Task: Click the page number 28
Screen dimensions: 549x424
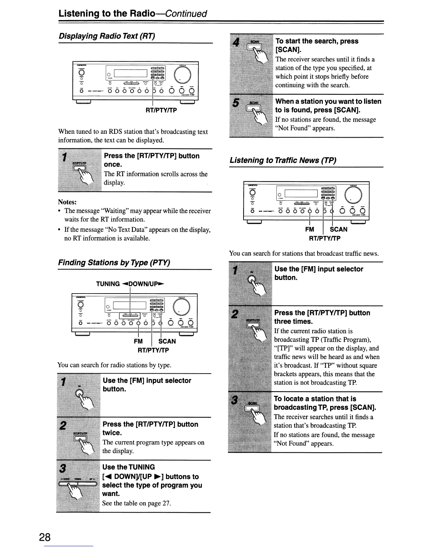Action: point(45,537)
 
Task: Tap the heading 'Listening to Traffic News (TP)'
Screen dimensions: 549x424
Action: point(283,160)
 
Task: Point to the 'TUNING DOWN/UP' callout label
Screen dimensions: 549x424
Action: point(130,284)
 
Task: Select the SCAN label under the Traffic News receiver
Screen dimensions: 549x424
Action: point(338,229)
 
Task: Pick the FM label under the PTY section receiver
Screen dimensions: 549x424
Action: point(138,341)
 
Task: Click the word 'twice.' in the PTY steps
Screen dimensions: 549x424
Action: point(112,433)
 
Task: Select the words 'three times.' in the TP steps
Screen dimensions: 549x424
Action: point(293,322)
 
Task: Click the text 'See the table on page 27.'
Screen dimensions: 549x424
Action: point(136,503)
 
